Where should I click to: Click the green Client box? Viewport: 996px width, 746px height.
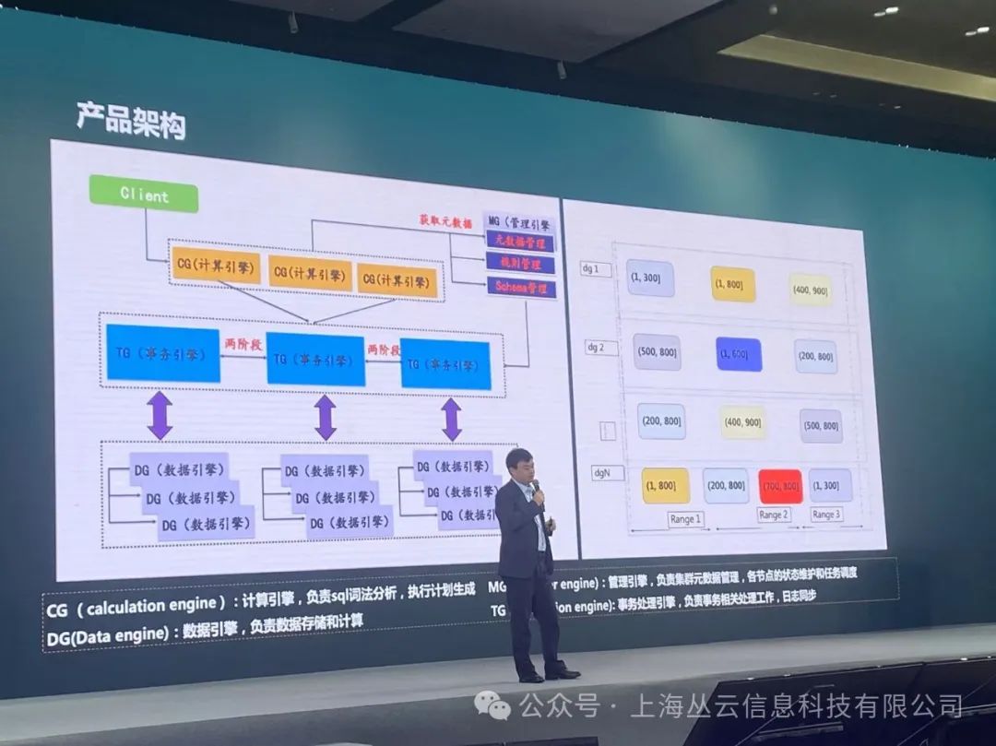143,195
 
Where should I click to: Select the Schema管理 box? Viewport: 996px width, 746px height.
521,288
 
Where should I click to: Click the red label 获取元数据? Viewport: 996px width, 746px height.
445,221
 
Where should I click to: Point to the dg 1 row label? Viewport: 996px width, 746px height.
590,269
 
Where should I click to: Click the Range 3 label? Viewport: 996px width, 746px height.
826,515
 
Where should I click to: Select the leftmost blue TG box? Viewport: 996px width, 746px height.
163,353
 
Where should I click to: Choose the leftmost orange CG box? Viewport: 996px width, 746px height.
214,265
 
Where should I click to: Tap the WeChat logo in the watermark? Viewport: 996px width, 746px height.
493,706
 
